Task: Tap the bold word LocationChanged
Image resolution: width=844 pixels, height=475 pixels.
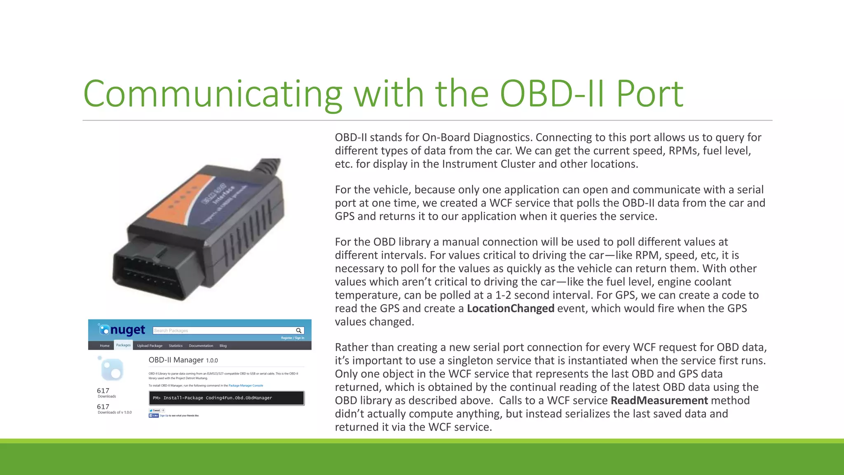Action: (510, 308)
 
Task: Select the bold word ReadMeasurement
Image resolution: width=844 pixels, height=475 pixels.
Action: (659, 400)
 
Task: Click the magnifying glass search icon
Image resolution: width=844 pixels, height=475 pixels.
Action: (299, 331)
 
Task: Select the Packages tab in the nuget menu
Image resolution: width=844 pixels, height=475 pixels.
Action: (123, 345)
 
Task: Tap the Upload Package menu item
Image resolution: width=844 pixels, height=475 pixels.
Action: (150, 346)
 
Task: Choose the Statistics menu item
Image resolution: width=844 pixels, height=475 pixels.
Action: (176, 346)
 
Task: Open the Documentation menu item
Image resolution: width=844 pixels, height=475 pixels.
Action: (201, 346)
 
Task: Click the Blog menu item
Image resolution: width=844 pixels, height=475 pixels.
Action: (223, 346)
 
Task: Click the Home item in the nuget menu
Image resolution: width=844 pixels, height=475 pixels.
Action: (105, 346)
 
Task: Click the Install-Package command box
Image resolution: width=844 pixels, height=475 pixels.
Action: (226, 398)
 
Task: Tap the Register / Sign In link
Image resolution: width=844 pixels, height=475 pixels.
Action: (293, 338)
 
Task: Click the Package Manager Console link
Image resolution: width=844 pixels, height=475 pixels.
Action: (246, 386)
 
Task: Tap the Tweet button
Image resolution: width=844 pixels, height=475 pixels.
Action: (155, 410)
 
